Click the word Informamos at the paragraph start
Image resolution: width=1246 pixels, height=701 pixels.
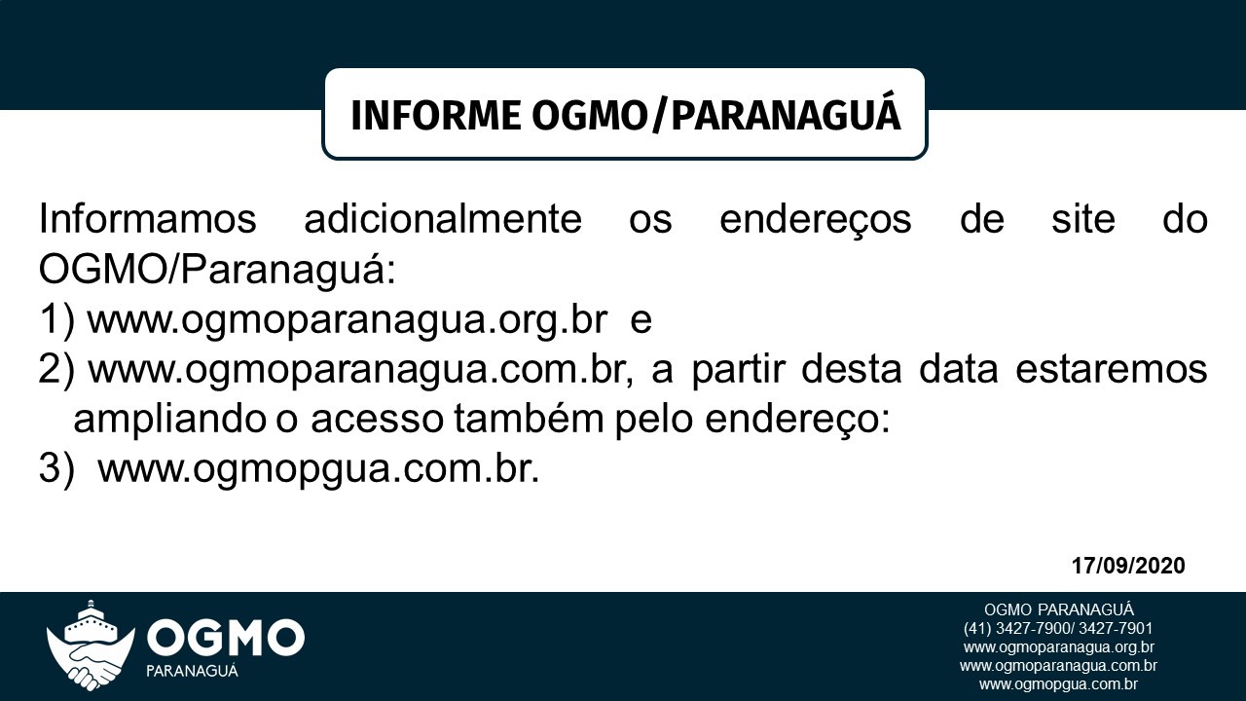tap(147, 219)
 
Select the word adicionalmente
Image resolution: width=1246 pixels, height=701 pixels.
tap(442, 219)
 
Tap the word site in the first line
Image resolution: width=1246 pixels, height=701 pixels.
tap(1082, 219)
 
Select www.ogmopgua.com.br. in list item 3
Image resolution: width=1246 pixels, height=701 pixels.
tap(318, 470)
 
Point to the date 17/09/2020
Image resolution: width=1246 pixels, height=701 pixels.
tap(1128, 566)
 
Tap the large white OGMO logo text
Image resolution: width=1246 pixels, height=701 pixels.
tap(226, 639)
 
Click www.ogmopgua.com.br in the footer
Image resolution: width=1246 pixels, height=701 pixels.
tap(1058, 684)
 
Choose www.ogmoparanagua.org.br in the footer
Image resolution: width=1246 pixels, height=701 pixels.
tap(1058, 647)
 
